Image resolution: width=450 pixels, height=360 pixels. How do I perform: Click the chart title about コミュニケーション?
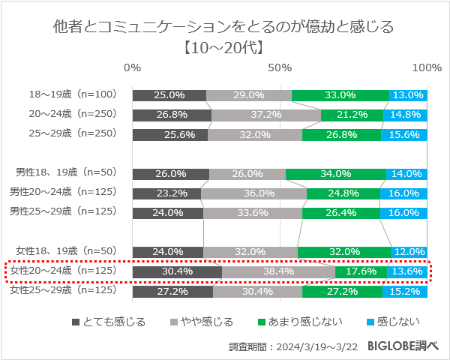coord(224,28)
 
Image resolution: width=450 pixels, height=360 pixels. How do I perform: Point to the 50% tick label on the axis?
coord(280,68)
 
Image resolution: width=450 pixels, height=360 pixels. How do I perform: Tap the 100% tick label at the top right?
coord(427,68)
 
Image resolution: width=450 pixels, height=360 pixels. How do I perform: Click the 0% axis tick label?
coord(133,68)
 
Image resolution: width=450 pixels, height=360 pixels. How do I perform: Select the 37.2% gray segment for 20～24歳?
coord(266,115)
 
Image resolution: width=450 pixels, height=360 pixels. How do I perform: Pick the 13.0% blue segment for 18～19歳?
coord(407,95)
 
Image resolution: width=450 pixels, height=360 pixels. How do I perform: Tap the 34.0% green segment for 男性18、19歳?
coord(336,174)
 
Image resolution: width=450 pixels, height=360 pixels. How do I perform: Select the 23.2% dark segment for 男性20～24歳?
coord(166,193)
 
